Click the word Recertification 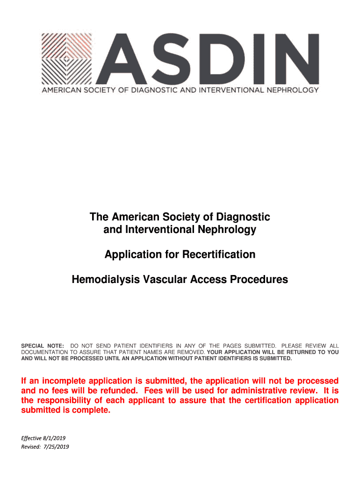click(219, 254)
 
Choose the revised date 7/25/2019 click(56, 447)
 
